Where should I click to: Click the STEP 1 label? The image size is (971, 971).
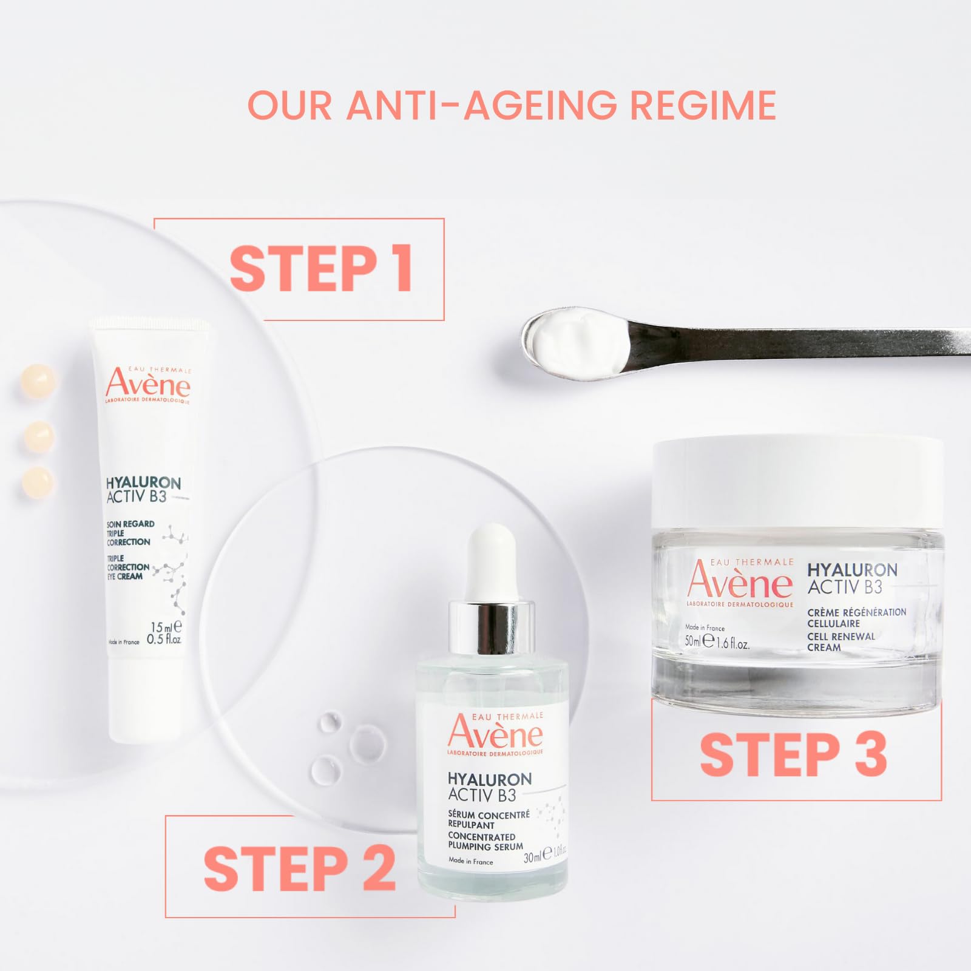(x=322, y=269)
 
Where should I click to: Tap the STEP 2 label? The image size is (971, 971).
(x=299, y=868)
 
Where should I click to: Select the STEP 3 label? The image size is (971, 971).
(x=793, y=754)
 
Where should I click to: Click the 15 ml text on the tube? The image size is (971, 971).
(x=164, y=627)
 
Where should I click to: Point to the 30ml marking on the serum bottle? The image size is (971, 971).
(x=532, y=858)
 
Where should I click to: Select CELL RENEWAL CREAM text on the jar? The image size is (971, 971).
(x=841, y=641)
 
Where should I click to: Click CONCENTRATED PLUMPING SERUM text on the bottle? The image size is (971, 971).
(x=485, y=841)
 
